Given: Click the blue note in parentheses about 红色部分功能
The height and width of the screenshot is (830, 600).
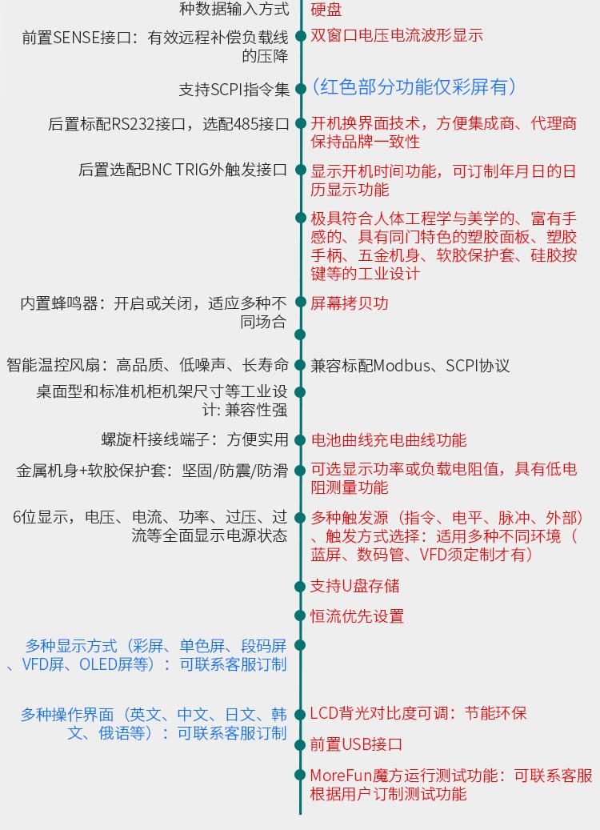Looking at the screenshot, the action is (x=414, y=87).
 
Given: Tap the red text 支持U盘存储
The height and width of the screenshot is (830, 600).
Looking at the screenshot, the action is (x=354, y=586).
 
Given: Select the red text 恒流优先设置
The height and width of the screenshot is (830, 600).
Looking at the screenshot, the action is (x=357, y=616).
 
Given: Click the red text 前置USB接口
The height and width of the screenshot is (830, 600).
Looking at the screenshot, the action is (x=356, y=744).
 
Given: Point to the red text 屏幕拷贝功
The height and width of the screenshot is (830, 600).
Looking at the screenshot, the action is (x=350, y=303).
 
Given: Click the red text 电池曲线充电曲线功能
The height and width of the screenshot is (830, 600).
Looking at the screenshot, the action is (x=388, y=440).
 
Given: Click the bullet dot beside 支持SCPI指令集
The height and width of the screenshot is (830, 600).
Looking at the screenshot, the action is (x=301, y=89).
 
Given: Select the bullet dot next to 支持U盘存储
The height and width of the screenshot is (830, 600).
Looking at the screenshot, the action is (x=301, y=587).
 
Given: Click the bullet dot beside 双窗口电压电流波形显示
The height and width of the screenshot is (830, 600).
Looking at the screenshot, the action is (x=301, y=36).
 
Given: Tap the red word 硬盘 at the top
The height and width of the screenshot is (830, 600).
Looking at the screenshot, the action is (x=326, y=10).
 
